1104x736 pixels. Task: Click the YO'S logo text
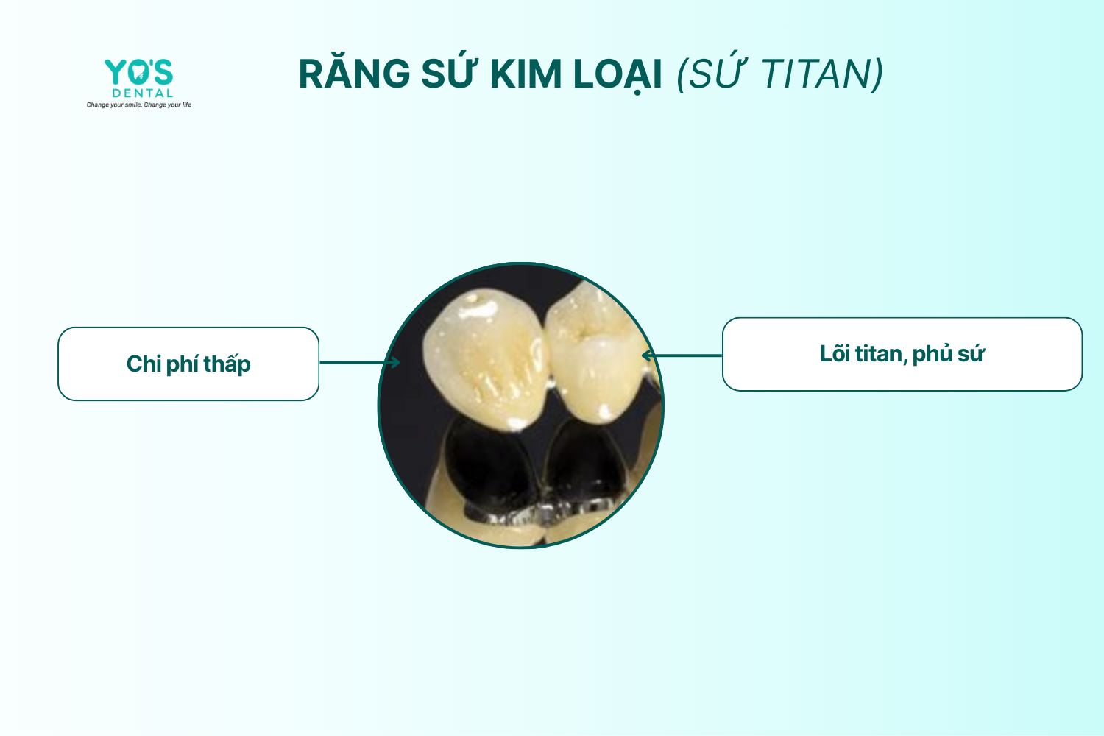pyautogui.click(x=139, y=72)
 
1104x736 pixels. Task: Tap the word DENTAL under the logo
pyautogui.click(x=143, y=93)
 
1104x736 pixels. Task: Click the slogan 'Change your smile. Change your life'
pyautogui.click(x=139, y=105)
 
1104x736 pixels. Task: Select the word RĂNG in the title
pyautogui.click(x=354, y=74)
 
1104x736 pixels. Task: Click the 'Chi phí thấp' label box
pyautogui.click(x=188, y=364)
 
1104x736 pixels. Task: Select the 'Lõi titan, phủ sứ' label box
pyautogui.click(x=902, y=355)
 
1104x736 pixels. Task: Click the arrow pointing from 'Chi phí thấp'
pyautogui.click(x=360, y=363)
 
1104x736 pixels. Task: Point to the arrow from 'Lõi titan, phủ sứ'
pyautogui.click(x=682, y=355)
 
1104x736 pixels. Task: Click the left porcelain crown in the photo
pyautogui.click(x=486, y=359)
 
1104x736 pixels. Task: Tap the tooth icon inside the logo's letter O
pyautogui.click(x=138, y=72)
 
